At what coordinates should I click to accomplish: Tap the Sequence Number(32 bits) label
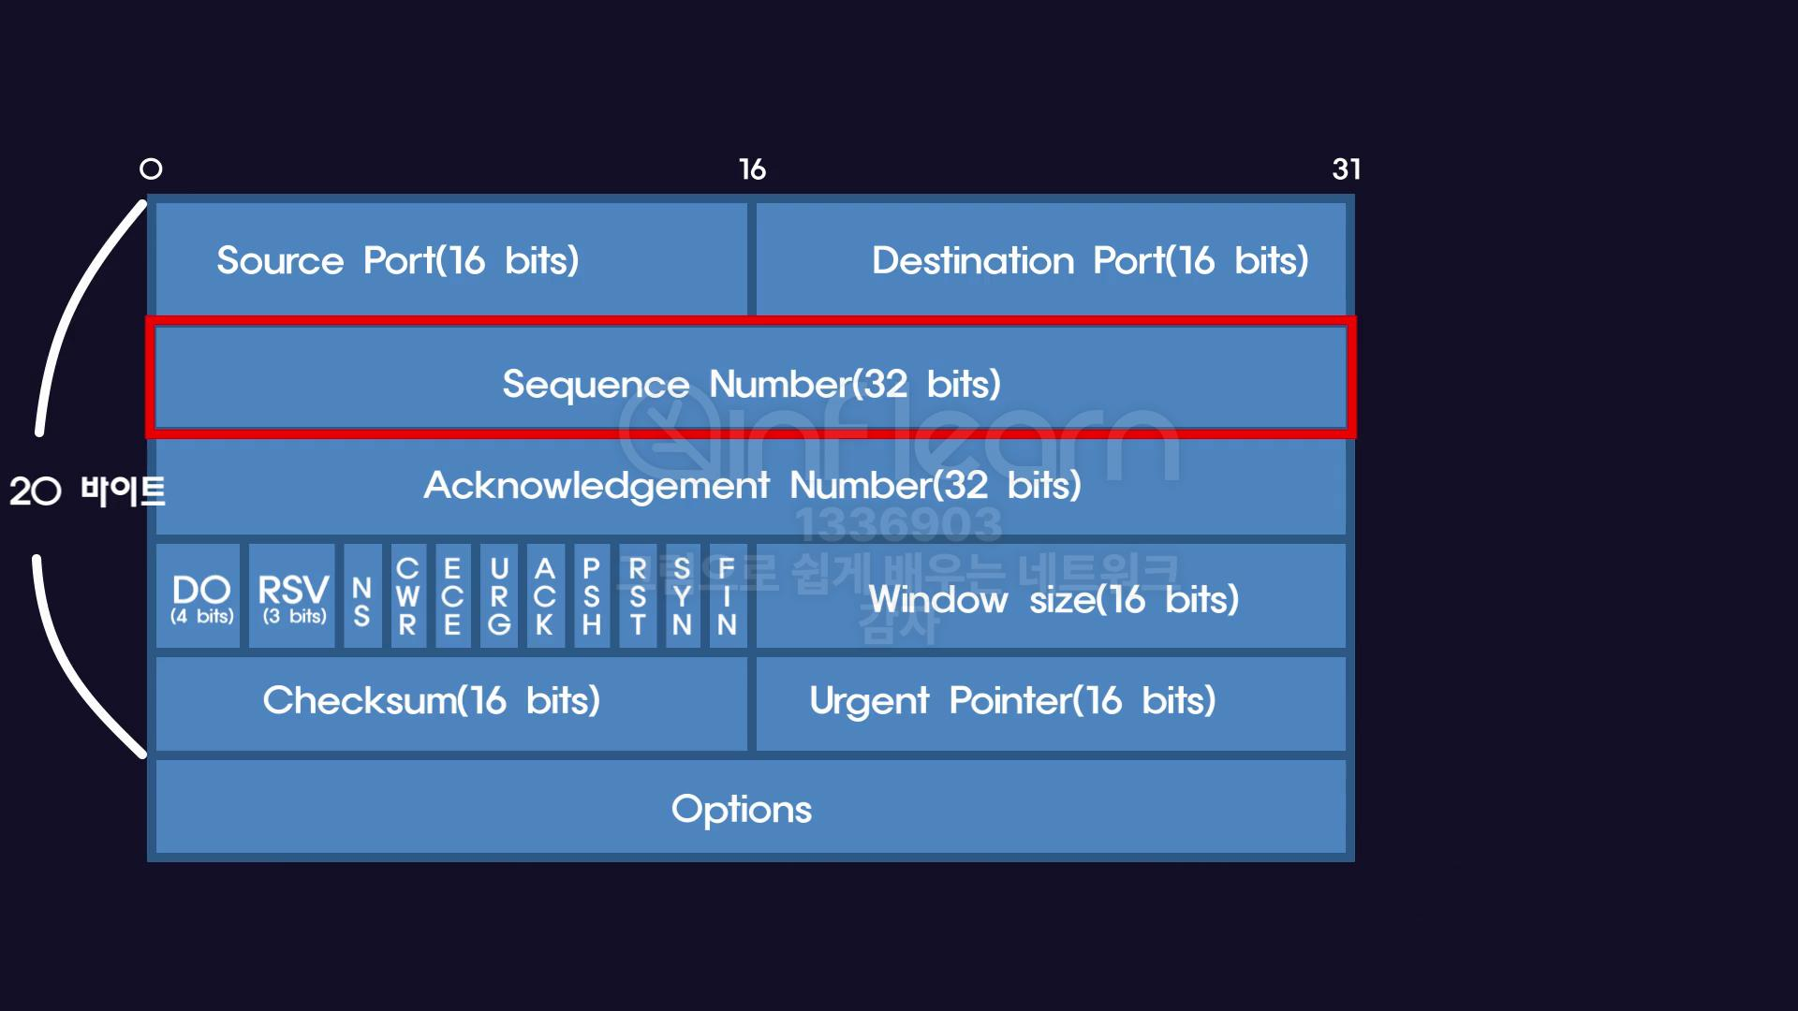click(x=751, y=383)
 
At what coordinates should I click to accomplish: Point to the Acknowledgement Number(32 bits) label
click(x=751, y=485)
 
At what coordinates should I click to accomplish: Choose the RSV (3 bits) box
click(x=292, y=596)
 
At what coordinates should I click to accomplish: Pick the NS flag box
click(x=362, y=597)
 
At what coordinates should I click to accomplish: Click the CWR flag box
click(x=408, y=597)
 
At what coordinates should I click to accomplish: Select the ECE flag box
click(x=453, y=597)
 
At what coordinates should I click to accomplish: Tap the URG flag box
click(x=499, y=597)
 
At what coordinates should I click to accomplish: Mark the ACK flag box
click(x=545, y=597)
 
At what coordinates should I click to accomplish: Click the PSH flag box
click(x=591, y=597)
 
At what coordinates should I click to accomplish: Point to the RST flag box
click(x=638, y=597)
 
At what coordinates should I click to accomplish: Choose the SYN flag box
click(x=683, y=597)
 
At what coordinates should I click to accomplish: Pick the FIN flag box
click(x=728, y=597)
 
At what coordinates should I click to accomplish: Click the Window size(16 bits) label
click(x=1054, y=599)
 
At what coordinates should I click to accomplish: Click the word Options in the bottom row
click(x=742, y=809)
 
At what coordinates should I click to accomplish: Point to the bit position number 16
click(x=752, y=169)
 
